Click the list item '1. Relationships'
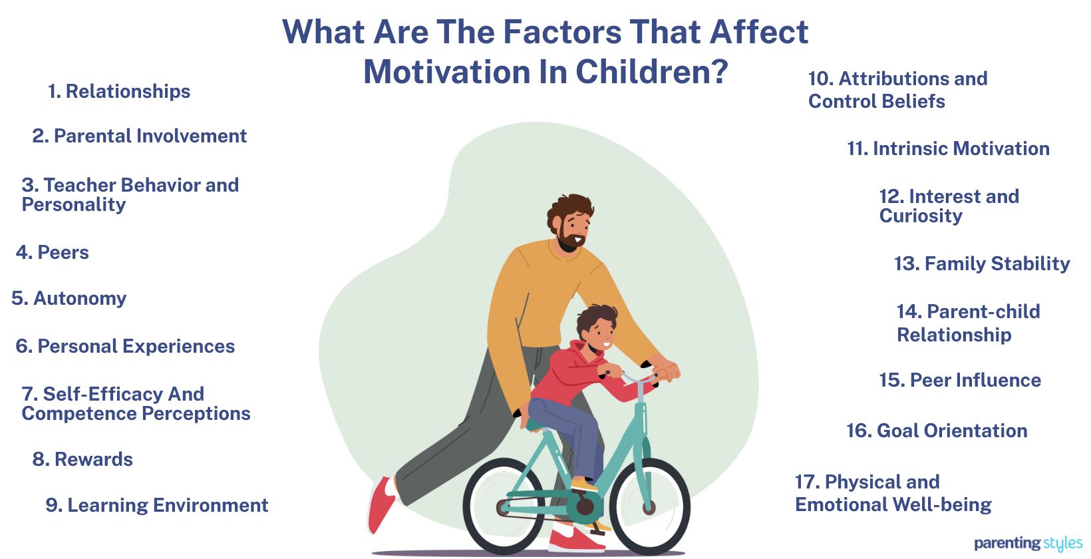[x=119, y=92]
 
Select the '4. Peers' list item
[x=53, y=253]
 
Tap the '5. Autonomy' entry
[x=69, y=299]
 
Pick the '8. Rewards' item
[x=82, y=460]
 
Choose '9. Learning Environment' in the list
[x=157, y=506]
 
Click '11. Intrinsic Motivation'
[x=948, y=149]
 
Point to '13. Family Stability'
[x=982, y=264]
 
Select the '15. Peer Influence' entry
[x=960, y=381]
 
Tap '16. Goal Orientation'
[x=937, y=431]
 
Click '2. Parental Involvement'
[x=140, y=136]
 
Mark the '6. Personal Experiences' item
[x=125, y=347]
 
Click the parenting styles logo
[x=1028, y=544]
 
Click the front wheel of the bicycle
[x=649, y=506]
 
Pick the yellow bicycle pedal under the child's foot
[x=584, y=485]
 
